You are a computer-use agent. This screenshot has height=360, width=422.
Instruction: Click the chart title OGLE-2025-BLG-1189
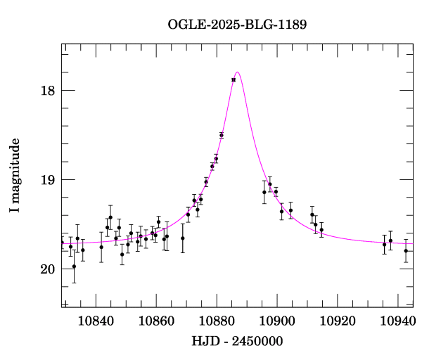coord(237,25)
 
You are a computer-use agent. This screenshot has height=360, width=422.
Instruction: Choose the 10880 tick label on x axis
coord(217,321)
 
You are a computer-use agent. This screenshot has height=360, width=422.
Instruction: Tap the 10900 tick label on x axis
coord(277,321)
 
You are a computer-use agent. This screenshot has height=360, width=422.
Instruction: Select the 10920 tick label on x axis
coord(338,321)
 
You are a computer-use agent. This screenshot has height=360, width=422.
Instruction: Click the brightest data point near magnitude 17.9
coord(234,80)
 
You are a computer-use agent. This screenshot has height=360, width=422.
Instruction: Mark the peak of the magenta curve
coord(238,72)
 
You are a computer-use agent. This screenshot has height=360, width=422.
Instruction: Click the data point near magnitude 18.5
coord(222,135)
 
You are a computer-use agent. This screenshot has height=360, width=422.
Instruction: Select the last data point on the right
coord(406,251)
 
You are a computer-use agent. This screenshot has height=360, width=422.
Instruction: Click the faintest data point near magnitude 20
coord(74,266)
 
